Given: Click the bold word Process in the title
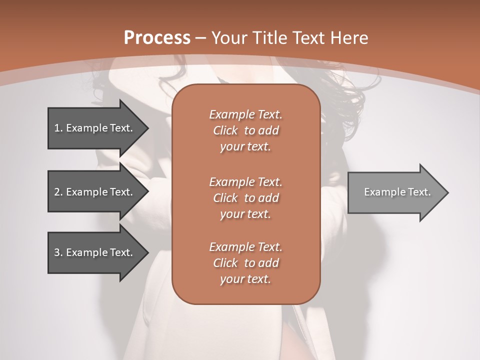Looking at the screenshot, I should [157, 38].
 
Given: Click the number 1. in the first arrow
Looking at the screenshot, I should [58, 128].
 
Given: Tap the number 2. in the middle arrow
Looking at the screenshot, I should [58, 192].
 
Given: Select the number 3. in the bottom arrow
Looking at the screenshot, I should [58, 252].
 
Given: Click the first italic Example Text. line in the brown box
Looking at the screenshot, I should [245, 114].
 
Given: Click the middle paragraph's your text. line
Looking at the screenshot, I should [245, 214].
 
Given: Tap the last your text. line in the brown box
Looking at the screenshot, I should [245, 279].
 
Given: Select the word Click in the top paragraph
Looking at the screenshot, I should [225, 130].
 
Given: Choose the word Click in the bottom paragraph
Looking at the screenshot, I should [225, 263].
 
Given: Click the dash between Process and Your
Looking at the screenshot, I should [201, 38].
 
